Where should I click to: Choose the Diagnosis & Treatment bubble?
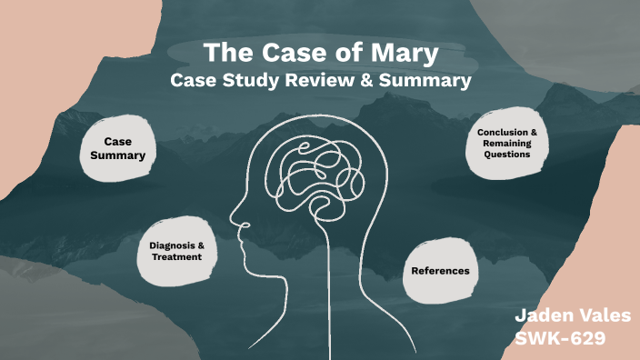coord(175,251)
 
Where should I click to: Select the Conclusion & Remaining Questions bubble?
coord(507,144)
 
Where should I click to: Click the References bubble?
coord(440,270)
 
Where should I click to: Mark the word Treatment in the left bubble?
coord(176,257)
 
